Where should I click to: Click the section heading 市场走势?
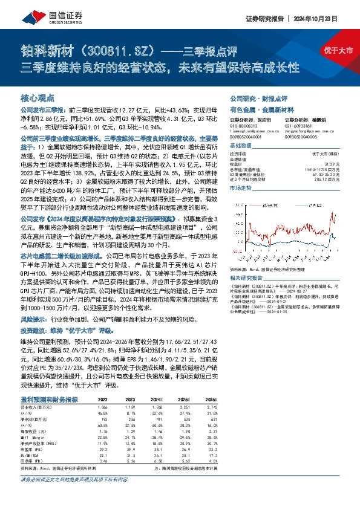tap(241, 189)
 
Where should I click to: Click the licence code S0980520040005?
tap(303, 137)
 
